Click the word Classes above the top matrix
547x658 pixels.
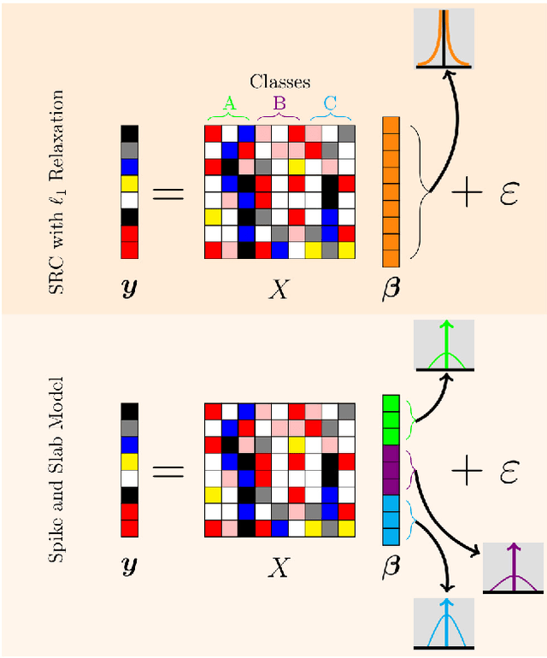tap(279, 82)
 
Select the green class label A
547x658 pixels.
tap(229, 103)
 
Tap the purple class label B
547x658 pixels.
tap(279, 103)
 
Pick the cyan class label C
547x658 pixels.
tap(330, 103)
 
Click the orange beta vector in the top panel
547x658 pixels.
tap(391, 187)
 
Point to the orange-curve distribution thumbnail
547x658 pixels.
tap(444, 38)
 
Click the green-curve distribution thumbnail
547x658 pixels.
tap(444, 346)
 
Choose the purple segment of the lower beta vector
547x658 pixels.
tap(391, 469)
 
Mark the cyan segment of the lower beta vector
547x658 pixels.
tap(391, 520)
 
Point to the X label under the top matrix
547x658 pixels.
tap(279, 289)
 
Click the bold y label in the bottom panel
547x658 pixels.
tap(129, 567)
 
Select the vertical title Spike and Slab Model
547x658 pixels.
tap(58, 469)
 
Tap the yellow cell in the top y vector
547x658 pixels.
tap(129, 183)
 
